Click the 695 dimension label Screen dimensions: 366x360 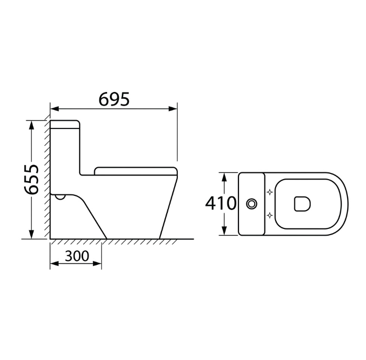click(114, 99)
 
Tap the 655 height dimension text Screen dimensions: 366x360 click(31, 179)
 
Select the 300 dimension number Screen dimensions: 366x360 click(77, 256)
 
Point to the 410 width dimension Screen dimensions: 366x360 click(221, 203)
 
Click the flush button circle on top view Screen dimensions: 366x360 click(251, 204)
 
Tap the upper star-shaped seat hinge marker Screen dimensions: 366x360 click(270, 192)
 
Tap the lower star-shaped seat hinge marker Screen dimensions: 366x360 click(270, 215)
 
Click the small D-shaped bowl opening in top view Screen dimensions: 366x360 click(302, 204)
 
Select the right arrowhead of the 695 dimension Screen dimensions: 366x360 click(173, 109)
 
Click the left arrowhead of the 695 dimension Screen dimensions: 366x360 click(54, 109)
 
